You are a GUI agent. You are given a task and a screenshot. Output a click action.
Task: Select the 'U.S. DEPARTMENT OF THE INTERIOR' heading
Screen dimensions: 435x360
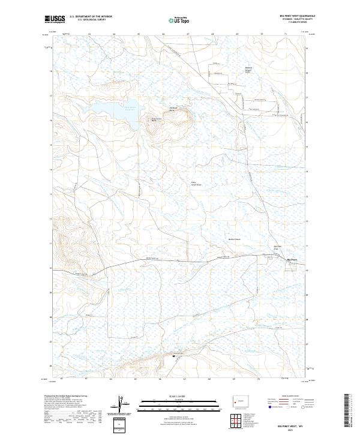[90, 16]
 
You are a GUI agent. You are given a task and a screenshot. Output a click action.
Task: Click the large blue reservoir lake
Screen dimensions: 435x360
[111, 111]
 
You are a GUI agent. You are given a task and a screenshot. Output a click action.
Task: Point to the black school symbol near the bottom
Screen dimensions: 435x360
[174, 356]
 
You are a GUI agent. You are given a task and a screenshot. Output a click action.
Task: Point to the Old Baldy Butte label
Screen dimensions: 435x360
[173, 110]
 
